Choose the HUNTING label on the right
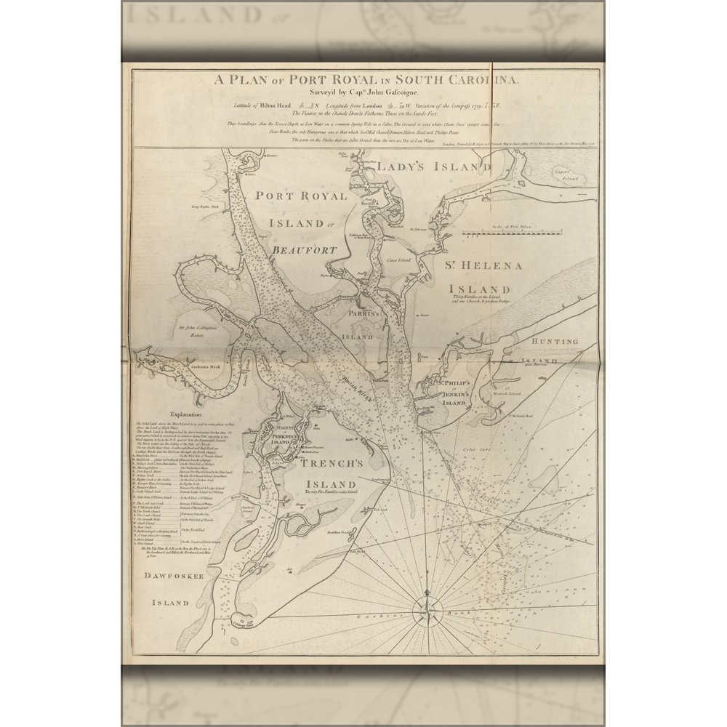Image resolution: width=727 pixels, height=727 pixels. coord(555,341)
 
